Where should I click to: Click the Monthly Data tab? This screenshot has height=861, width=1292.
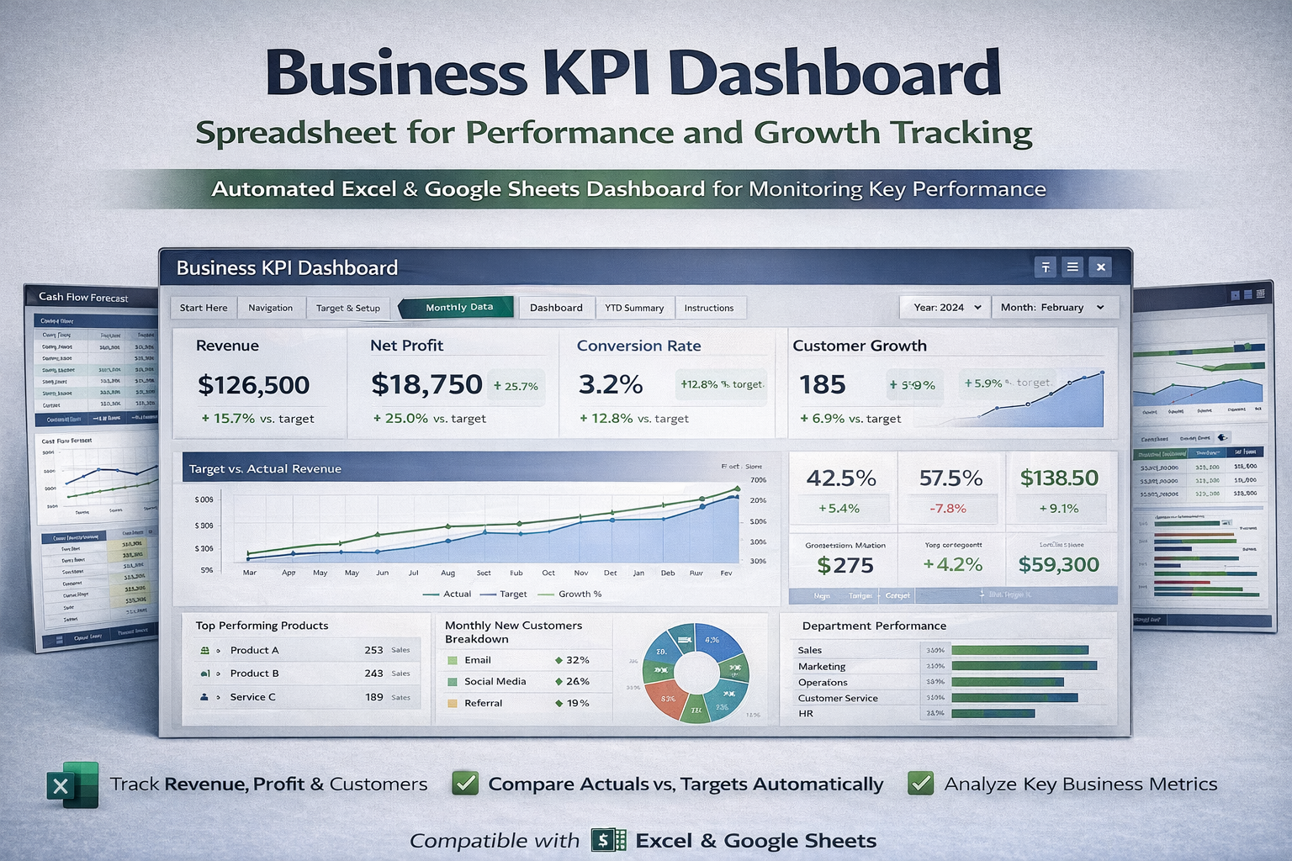[458, 308]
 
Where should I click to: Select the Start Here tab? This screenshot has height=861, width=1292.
[204, 308]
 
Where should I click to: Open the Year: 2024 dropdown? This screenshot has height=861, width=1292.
[946, 308]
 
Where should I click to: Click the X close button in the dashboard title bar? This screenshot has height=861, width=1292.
[1100, 267]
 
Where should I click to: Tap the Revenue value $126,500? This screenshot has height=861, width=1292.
[253, 385]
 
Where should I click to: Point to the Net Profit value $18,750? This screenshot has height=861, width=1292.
[426, 384]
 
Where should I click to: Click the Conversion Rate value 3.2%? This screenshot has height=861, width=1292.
[611, 384]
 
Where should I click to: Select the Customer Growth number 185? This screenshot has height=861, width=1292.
[822, 384]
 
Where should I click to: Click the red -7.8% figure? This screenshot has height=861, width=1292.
[948, 509]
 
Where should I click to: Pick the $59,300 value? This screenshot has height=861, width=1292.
[1058, 565]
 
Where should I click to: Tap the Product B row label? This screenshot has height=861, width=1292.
[254, 673]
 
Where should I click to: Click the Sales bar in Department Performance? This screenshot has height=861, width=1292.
[1019, 650]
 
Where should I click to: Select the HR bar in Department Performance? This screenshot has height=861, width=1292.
[993, 714]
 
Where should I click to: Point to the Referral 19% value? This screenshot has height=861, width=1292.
[577, 703]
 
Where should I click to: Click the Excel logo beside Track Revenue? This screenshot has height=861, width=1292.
[72, 784]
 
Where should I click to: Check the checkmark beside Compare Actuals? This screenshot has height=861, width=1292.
[465, 784]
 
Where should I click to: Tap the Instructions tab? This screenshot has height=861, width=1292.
[708, 308]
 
